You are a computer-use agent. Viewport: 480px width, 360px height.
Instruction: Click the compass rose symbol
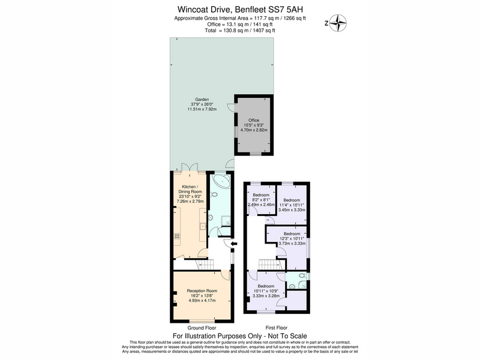point(338,23)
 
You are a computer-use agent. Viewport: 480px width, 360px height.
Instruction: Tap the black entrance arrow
point(234,244)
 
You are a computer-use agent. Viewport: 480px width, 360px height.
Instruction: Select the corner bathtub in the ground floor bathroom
point(221,181)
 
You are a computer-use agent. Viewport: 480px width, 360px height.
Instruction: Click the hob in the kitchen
point(176,236)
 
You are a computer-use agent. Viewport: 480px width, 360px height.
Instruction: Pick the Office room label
point(254,121)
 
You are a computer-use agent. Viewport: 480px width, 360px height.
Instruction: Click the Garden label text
point(202,99)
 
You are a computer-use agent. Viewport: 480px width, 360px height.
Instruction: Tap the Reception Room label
point(202,291)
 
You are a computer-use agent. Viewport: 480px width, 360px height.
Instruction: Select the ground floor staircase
point(205,264)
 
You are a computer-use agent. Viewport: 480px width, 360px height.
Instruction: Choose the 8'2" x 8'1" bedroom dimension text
point(261,200)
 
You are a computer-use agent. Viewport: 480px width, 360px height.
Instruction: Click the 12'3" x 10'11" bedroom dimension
point(292,238)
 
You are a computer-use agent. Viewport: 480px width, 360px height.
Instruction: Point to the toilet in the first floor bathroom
point(303,276)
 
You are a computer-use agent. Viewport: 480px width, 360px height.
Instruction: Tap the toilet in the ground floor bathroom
point(214,194)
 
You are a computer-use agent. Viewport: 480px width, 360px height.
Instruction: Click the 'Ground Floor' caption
point(202,328)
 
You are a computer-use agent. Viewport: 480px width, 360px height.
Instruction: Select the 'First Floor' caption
point(277,328)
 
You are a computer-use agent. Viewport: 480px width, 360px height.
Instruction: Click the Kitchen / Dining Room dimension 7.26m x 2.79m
point(190,201)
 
